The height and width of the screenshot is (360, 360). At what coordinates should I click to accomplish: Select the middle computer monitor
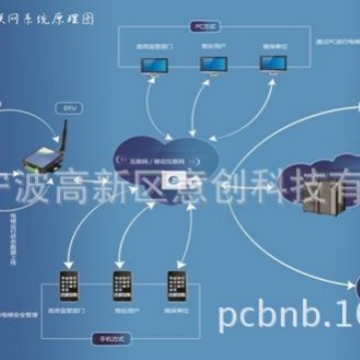tap(212, 66)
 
